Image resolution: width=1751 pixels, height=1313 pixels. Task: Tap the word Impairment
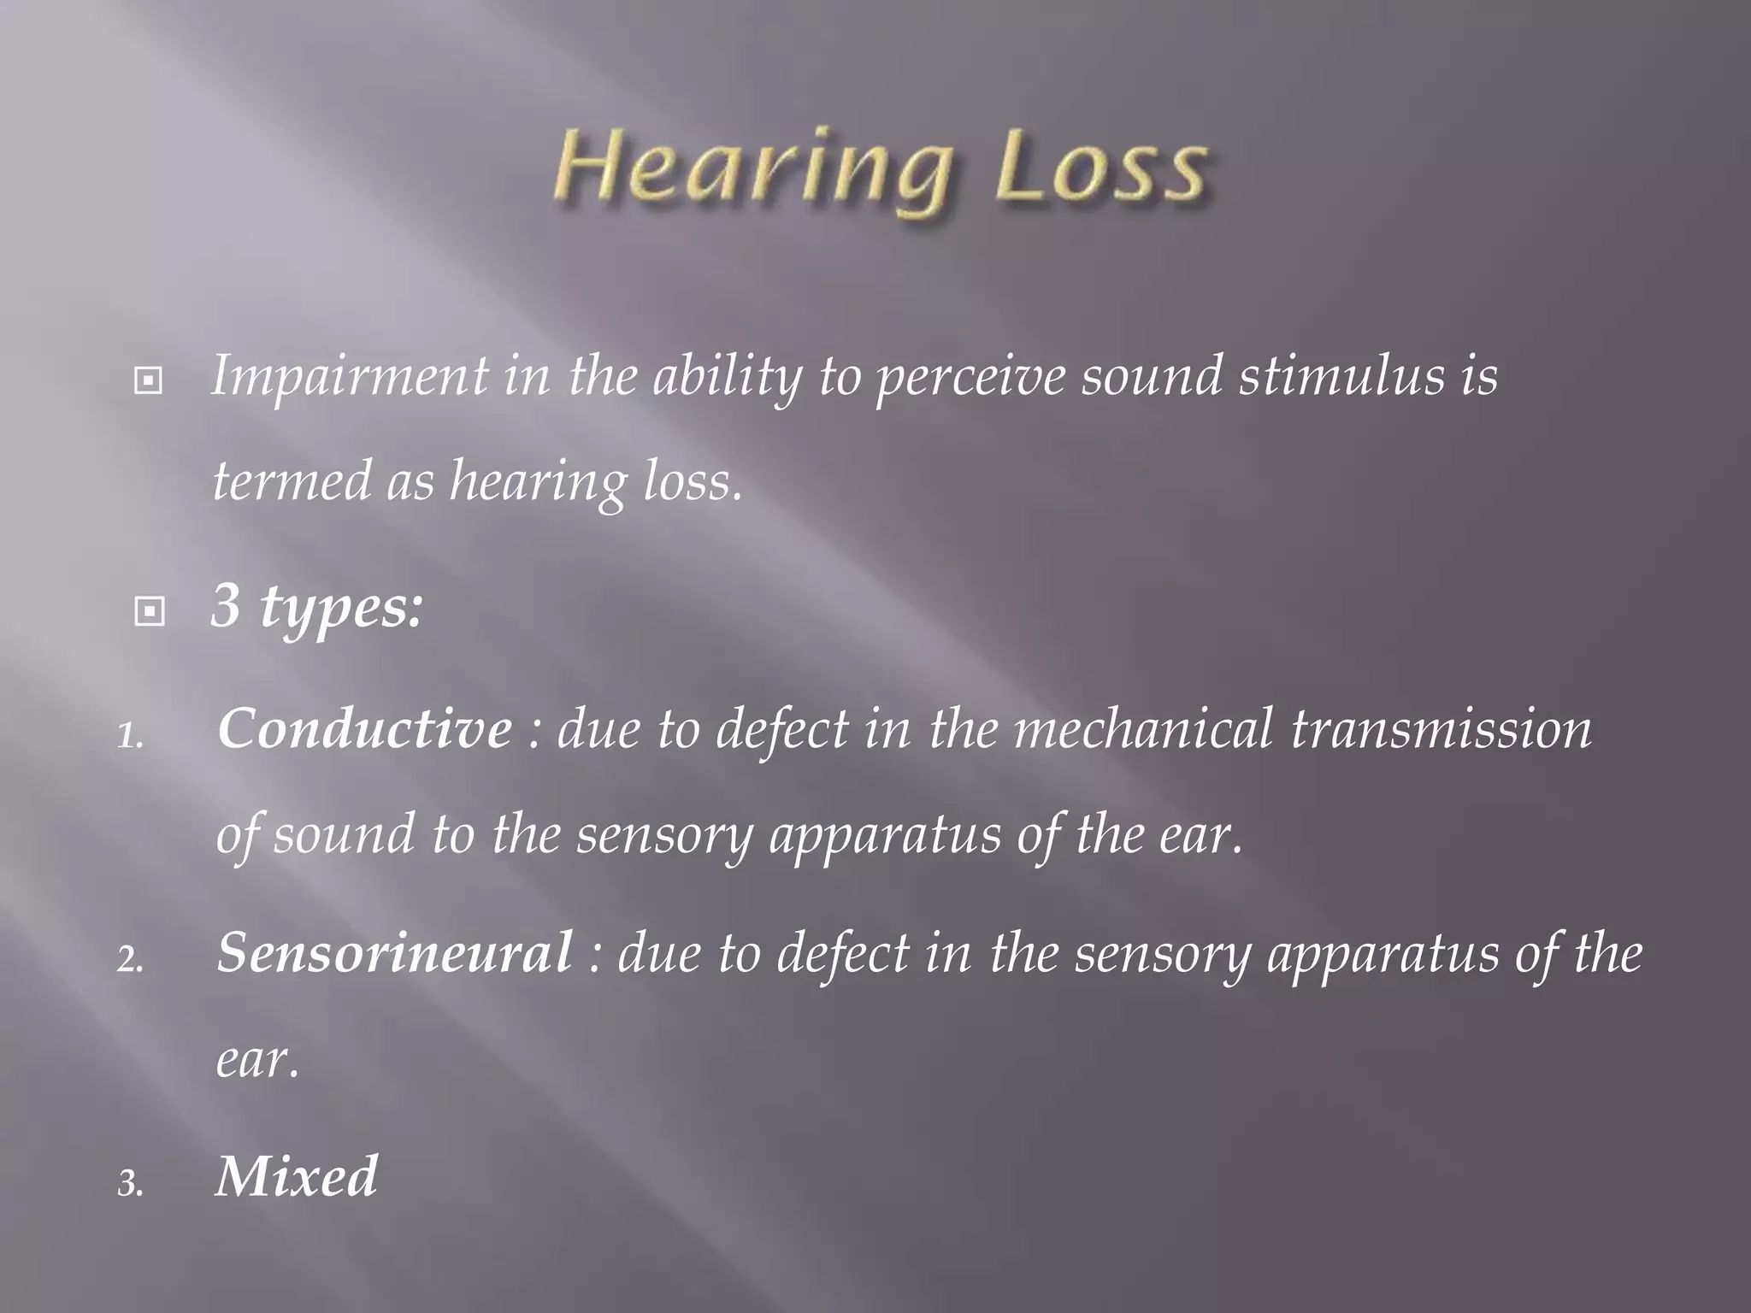tap(350, 376)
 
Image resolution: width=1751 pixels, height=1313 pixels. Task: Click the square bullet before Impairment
tap(149, 381)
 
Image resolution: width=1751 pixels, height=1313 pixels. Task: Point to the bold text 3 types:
tap(317, 607)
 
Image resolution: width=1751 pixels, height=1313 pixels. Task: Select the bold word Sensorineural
tap(394, 953)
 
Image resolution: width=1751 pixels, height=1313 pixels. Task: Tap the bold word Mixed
tap(296, 1177)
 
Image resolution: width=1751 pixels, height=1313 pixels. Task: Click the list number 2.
tap(130, 961)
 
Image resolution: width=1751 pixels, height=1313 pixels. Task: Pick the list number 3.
tap(130, 1185)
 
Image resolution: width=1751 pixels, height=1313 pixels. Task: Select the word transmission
tap(1441, 730)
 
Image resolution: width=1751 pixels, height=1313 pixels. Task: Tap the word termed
tap(291, 481)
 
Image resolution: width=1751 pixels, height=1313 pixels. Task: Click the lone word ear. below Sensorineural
tap(257, 1061)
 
